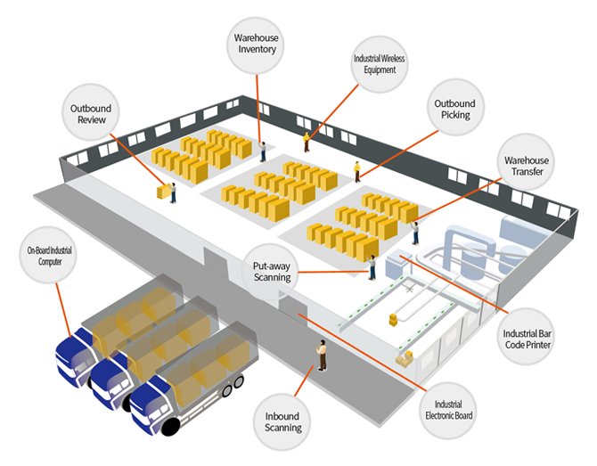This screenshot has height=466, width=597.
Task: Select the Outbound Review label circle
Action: coord(90,115)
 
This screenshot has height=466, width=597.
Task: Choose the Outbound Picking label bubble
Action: coord(454,109)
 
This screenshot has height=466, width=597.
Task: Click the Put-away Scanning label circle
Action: coord(272,270)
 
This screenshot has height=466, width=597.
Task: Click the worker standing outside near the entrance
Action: coord(322,355)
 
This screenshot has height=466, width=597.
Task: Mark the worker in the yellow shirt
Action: coord(307,141)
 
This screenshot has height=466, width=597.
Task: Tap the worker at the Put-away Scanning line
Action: coord(372,266)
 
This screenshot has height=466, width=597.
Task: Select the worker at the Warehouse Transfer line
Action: coord(415,233)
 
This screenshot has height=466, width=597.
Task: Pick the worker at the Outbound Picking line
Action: coord(357,171)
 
